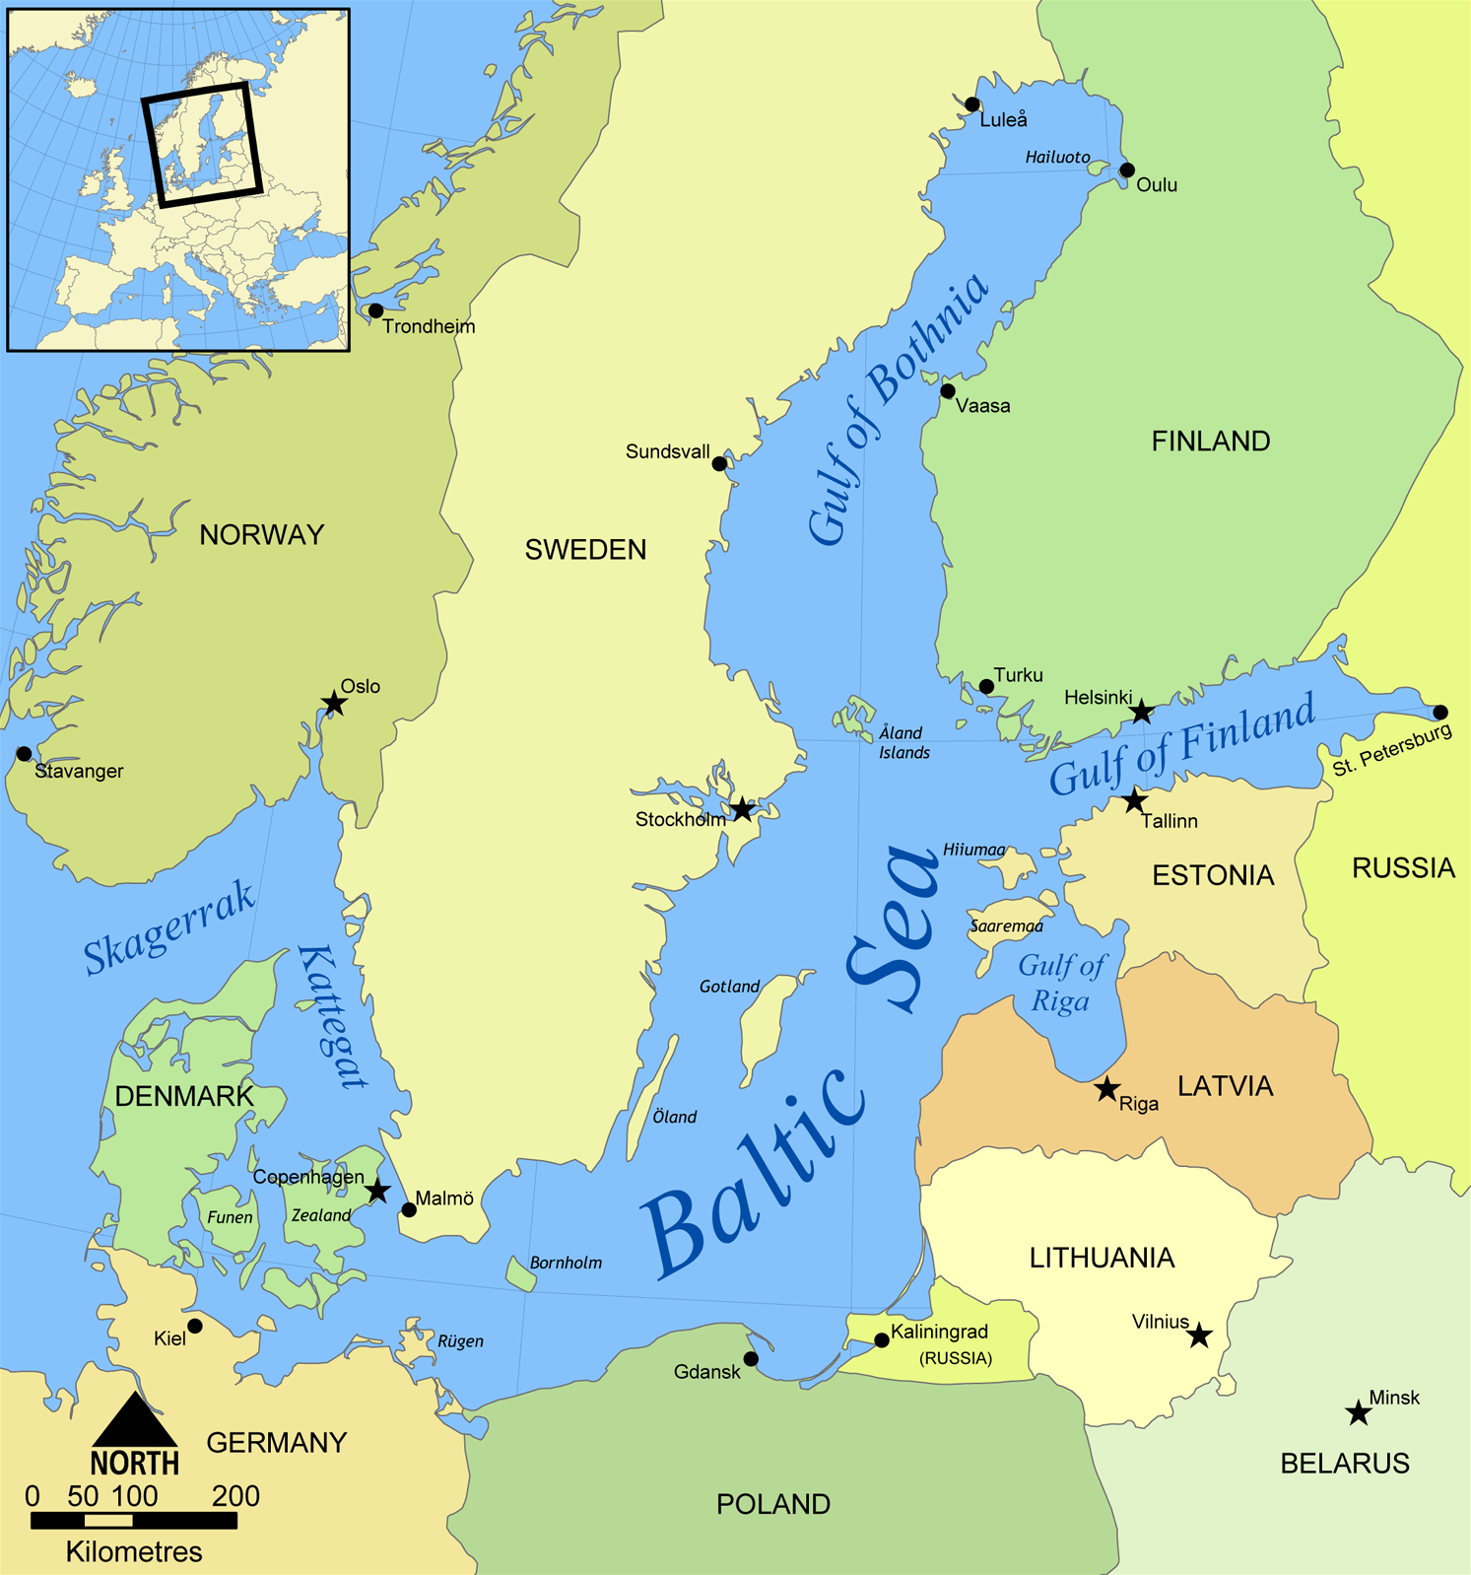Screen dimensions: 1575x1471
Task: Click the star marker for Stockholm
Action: click(742, 809)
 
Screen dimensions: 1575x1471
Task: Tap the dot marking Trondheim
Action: click(375, 310)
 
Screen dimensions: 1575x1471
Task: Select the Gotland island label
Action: click(729, 987)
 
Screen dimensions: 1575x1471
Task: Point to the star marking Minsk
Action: click(1359, 1413)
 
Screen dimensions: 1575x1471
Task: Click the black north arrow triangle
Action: click(135, 1420)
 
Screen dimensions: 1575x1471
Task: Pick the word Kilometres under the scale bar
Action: click(134, 1552)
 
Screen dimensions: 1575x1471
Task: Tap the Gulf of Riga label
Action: click(1061, 983)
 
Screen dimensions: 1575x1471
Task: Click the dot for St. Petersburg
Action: click(1440, 712)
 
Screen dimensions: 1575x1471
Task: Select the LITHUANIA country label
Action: click(1102, 1258)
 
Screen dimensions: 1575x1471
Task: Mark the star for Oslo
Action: click(334, 703)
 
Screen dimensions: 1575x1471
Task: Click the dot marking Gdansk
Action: click(751, 1359)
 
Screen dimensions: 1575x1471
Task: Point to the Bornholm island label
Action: click(566, 1263)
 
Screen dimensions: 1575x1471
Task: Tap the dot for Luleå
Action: click(972, 104)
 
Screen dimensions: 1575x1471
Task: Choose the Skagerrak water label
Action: click(169, 927)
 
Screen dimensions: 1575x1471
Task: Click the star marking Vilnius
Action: click(1199, 1335)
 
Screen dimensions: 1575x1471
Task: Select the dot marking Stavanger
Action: click(24, 754)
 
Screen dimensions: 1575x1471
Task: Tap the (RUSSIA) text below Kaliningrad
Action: click(955, 1358)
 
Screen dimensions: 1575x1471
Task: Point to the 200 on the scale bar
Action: click(235, 1496)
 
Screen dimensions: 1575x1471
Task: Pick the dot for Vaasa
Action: click(948, 391)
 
